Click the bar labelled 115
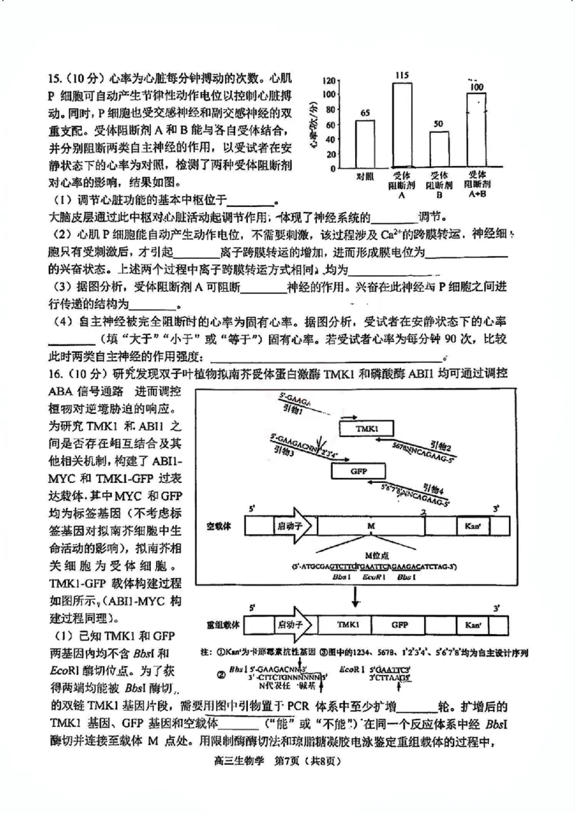tap(402, 126)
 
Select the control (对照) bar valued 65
tap(365, 144)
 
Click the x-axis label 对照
tap(365, 176)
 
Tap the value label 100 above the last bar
tap(476, 87)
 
